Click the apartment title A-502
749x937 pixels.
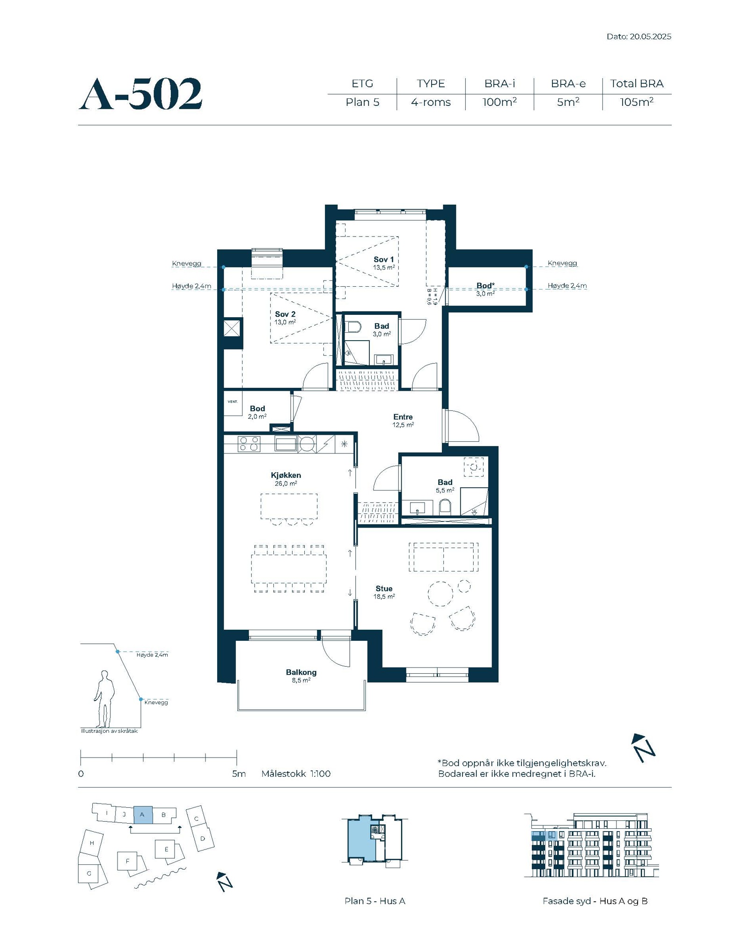click(140, 94)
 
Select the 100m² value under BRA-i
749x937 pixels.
click(499, 102)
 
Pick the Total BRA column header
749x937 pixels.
click(637, 83)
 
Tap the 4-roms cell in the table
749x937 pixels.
click(431, 102)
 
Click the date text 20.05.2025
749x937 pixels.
click(650, 37)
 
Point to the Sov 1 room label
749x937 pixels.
click(383, 259)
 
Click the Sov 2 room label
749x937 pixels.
click(285, 314)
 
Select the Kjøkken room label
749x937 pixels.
click(286, 475)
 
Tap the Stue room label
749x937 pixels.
click(384, 588)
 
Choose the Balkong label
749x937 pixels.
click(301, 672)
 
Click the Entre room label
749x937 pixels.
click(403, 417)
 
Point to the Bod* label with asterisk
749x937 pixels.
click(485, 286)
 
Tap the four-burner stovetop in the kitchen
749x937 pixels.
click(249, 444)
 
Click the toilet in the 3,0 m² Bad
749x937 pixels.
click(352, 326)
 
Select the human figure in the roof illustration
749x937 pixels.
click(104, 699)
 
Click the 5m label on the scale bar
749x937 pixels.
click(239, 773)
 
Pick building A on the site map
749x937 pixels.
click(143, 815)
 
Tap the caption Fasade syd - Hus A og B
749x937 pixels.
click(595, 901)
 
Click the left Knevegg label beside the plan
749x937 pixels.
click(186, 263)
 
